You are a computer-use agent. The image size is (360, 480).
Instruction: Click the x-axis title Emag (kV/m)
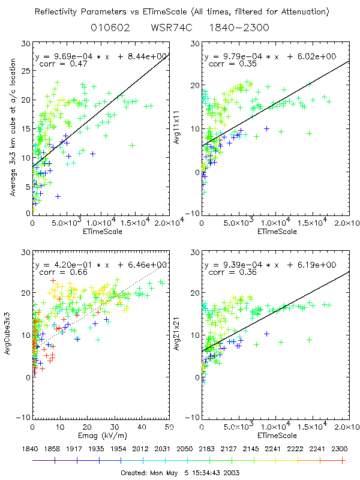(101, 435)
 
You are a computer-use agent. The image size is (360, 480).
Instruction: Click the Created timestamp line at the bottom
(181, 473)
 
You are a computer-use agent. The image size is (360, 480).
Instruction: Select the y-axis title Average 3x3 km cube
(14, 128)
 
